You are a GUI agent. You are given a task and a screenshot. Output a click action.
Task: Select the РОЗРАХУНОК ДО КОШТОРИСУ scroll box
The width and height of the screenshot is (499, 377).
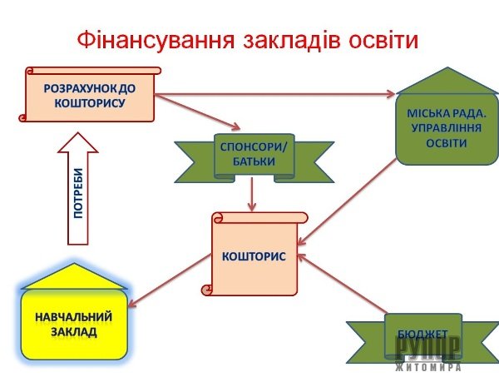89,94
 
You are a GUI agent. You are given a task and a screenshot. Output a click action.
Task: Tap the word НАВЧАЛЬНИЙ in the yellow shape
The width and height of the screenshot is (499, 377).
74,317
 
